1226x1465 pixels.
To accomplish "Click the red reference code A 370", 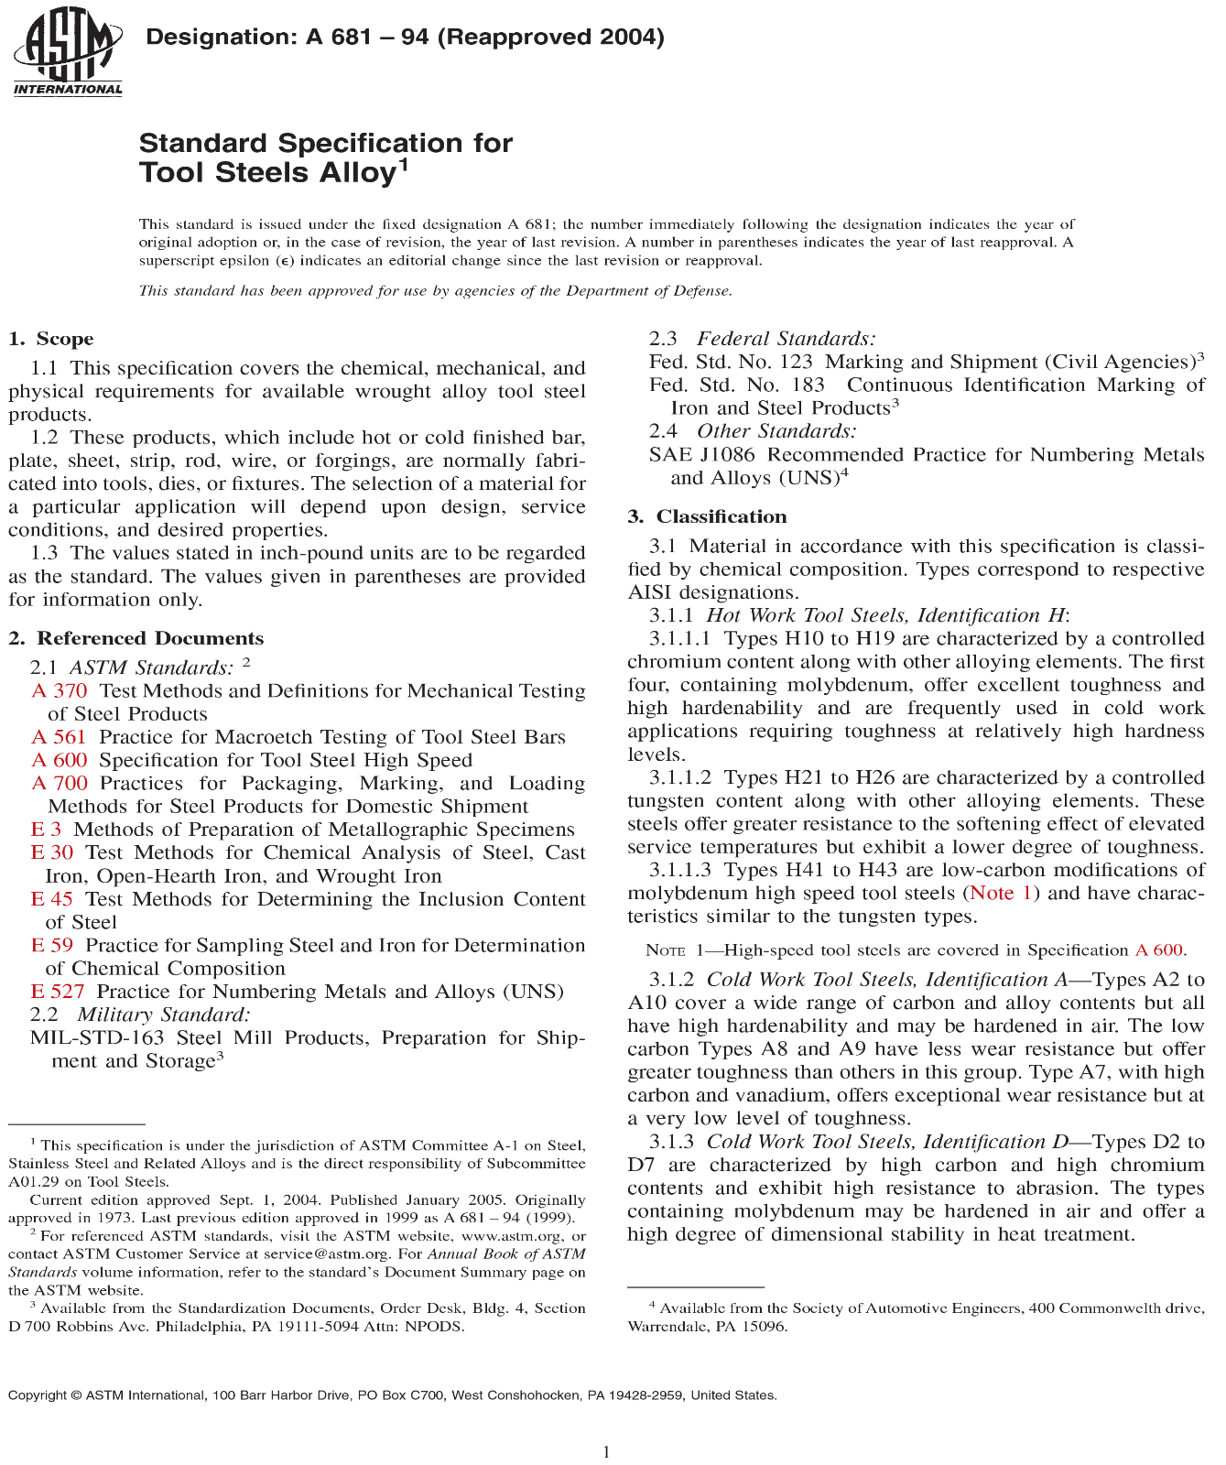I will pyautogui.click(x=60, y=691).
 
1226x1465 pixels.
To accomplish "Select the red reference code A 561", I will pyautogui.click(x=59, y=737).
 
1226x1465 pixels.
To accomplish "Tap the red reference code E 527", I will pyautogui.click(x=58, y=992).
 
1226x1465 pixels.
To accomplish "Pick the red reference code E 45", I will pyautogui.click(x=51, y=899).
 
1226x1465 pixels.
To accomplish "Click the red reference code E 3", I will pyautogui.click(x=46, y=830).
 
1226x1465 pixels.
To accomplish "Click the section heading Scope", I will pyautogui.click(x=64, y=339).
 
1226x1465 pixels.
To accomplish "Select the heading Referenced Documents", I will pyautogui.click(x=149, y=638).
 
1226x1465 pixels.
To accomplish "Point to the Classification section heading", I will pyautogui.click(x=721, y=516).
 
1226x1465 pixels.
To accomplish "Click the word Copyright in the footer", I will pyautogui.click(x=38, y=1395).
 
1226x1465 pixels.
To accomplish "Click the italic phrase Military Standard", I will pyautogui.click(x=164, y=1015).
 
